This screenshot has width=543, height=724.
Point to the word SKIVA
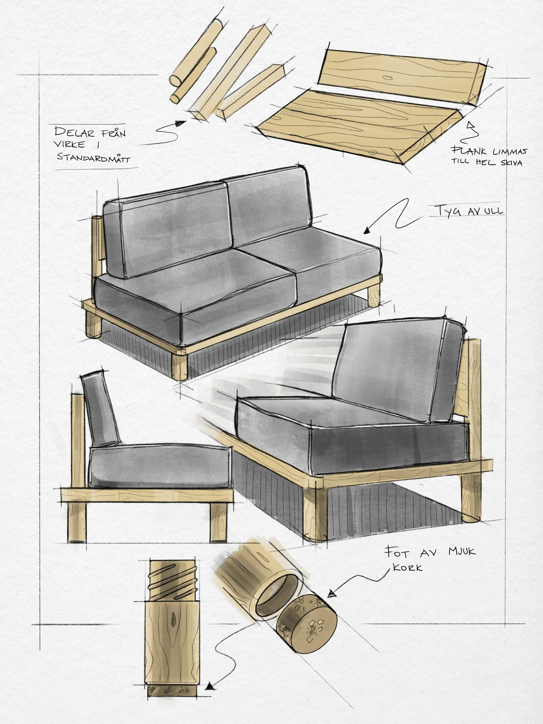pyautogui.click(x=511, y=162)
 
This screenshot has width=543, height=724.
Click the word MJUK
pyautogui.click(x=462, y=551)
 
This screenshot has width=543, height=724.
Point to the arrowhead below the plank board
pyautogui.click(x=470, y=125)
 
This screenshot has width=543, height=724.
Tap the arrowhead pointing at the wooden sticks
pyautogui.click(x=181, y=123)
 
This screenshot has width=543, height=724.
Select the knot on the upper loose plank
pyautogui.click(x=388, y=78)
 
